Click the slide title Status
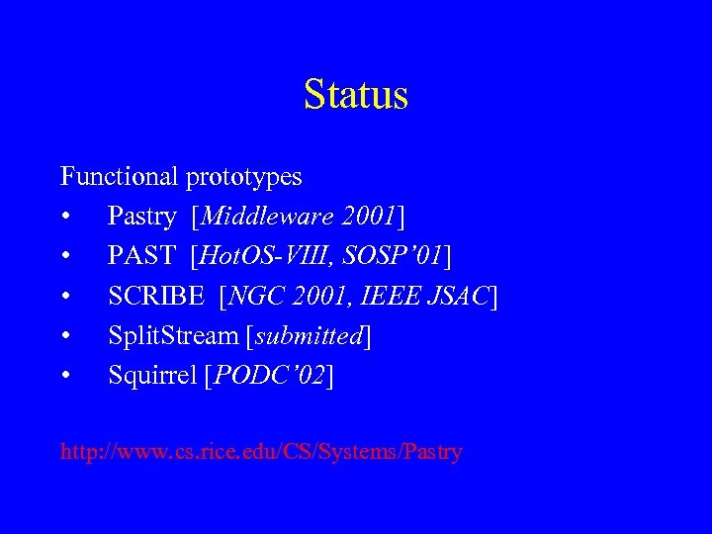click(356, 95)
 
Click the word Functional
click(118, 177)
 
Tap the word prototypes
click(243, 178)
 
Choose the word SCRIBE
click(159, 297)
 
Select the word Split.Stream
click(171, 336)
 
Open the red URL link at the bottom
click(261, 453)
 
